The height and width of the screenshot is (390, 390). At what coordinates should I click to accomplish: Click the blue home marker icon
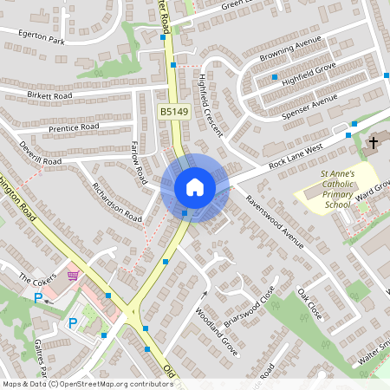point(195,186)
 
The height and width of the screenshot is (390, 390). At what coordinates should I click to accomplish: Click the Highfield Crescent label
point(210,106)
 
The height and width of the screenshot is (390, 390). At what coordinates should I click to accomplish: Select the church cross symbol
point(374,142)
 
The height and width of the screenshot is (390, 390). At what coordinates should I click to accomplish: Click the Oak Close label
point(309,304)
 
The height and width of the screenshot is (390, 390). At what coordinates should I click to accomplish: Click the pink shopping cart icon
point(73,276)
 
